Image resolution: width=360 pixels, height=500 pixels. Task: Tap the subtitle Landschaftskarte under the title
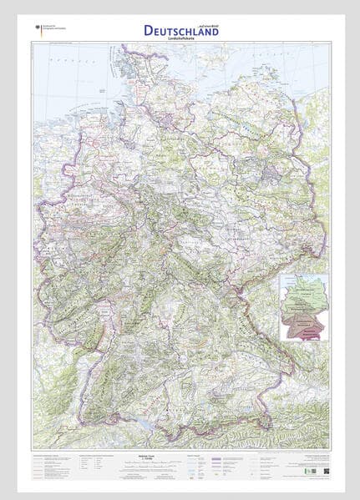(x=183, y=38)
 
